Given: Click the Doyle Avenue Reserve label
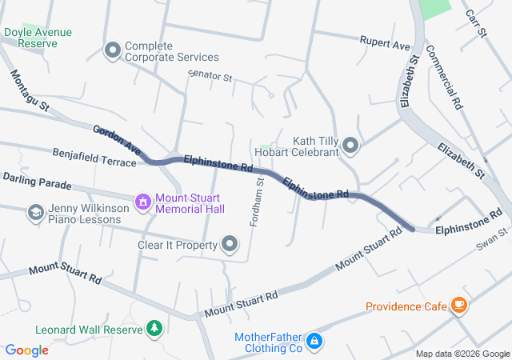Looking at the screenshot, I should [38, 38].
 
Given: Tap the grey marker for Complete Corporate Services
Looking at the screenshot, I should [112, 51].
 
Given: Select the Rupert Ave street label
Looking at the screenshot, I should [385, 42].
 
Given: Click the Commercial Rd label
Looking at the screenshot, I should [445, 77].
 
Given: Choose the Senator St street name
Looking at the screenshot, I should [210, 78].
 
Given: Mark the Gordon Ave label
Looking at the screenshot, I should [118, 140].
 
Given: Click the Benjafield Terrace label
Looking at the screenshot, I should [94, 155].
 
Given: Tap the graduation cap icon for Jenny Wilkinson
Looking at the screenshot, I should [35, 212].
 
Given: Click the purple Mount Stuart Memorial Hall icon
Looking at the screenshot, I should [142, 201].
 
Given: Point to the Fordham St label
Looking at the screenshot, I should [258, 202].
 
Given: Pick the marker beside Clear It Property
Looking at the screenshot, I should [230, 244].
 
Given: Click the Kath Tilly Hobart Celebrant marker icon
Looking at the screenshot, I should [350, 145].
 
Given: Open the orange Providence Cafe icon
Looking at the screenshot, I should [458, 305].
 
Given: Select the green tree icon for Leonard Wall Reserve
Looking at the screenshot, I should [154, 328].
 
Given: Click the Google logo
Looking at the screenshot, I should [27, 350].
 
